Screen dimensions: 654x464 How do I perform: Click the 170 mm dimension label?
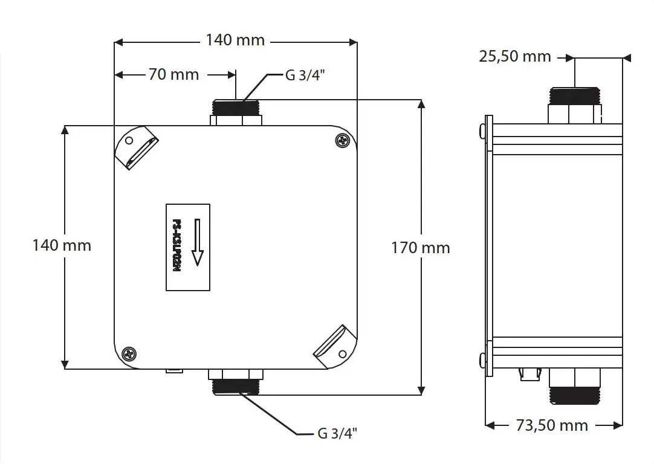pyautogui.click(x=421, y=248)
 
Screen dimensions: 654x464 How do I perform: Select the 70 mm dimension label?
pyautogui.click(x=173, y=75)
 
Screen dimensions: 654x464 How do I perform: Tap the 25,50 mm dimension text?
pyautogui.click(x=515, y=56)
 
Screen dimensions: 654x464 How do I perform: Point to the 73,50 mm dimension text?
pyautogui.click(x=552, y=425)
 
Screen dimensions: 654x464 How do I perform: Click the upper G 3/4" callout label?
pyautogui.click(x=305, y=75)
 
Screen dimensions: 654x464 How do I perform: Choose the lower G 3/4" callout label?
pyautogui.click(x=337, y=433)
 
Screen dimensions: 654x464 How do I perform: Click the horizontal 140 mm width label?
pyautogui.click(x=235, y=40)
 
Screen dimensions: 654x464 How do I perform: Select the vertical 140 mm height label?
pyautogui.click(x=62, y=245)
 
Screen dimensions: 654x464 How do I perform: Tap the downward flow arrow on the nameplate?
pyautogui.click(x=197, y=242)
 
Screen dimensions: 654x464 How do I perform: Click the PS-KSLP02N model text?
pyautogui.click(x=177, y=246)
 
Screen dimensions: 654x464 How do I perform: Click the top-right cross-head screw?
pyautogui.click(x=343, y=141)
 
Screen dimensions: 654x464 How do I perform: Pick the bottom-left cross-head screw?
pyautogui.click(x=129, y=354)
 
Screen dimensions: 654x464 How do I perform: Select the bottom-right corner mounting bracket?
pyautogui.click(x=335, y=346)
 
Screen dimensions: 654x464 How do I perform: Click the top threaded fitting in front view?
pyautogui.click(x=236, y=112)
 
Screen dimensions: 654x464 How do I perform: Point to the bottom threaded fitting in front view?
pyautogui.click(x=236, y=382)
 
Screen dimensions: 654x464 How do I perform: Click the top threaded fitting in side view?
pyautogui.click(x=575, y=105)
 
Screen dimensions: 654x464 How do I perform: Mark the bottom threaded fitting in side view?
pyautogui.click(x=575, y=386)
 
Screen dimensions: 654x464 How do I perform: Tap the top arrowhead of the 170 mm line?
pyautogui.click(x=422, y=104)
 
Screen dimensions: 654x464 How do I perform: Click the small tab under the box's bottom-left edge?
pyautogui.click(x=174, y=371)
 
